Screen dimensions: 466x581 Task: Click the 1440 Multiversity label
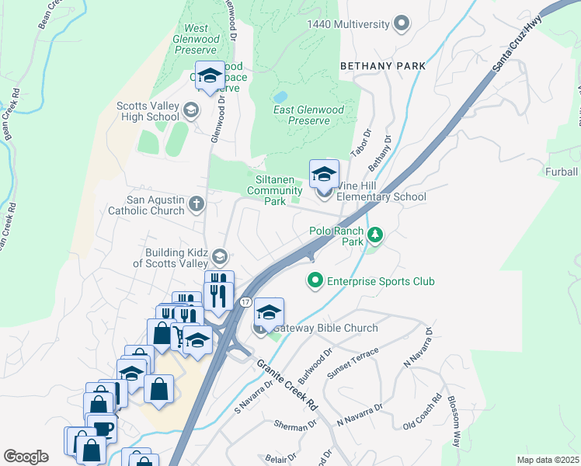coord(347,24)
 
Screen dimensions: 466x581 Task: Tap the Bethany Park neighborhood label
coord(383,66)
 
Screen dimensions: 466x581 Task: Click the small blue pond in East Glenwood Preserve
coord(280,97)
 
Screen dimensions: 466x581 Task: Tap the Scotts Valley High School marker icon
coord(190,112)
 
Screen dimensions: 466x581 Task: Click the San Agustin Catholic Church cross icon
coord(197,204)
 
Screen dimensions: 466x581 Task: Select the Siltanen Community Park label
coord(274,190)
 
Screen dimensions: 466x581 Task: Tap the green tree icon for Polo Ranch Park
coord(375,234)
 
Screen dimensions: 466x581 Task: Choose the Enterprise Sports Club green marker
coord(315,281)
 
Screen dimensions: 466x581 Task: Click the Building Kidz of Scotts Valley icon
coord(220,257)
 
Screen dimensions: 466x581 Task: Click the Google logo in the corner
coord(26,457)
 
